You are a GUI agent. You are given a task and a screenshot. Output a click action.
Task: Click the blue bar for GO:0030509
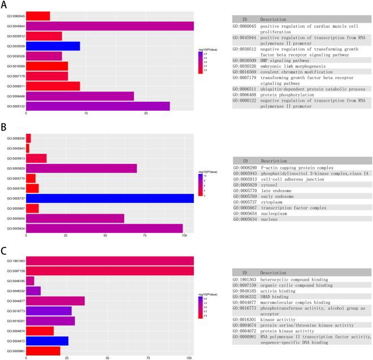point(53,46)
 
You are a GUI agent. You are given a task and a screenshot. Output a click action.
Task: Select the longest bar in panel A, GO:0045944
point(110,25)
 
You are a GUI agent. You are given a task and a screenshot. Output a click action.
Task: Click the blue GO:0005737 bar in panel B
point(110,198)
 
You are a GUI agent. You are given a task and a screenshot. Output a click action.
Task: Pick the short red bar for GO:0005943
point(28,148)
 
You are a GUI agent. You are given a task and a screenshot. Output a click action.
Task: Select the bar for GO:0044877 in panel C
point(55,301)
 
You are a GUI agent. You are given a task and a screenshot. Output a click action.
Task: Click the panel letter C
point(4,246)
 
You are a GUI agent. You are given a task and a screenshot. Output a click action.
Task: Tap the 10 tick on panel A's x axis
point(86,115)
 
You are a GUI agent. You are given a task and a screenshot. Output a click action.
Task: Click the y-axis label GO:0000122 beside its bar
point(14,106)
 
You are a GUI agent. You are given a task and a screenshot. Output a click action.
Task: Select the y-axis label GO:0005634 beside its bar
point(14,228)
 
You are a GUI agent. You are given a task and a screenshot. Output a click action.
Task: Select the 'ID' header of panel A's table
point(245,19)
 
